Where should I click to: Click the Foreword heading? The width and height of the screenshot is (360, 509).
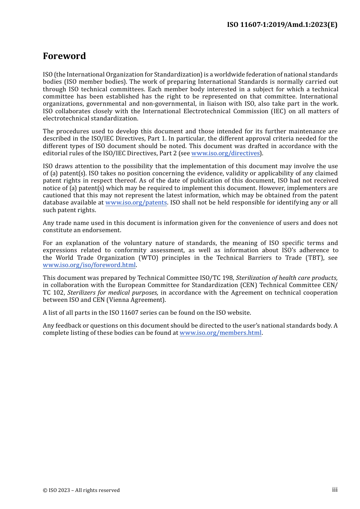[64, 56]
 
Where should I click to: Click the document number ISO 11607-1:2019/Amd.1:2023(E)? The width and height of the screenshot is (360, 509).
[282, 25]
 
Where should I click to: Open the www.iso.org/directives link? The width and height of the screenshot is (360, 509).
[225, 153]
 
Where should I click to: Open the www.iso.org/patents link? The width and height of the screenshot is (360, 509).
[136, 203]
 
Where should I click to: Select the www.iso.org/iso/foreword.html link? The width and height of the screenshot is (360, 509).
[89, 265]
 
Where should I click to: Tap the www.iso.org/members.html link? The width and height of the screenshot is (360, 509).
[220, 333]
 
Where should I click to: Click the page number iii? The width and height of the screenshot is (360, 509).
[335, 490]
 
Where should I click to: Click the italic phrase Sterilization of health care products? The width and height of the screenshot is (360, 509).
[286, 278]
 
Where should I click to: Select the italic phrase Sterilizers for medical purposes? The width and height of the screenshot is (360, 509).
[113, 293]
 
